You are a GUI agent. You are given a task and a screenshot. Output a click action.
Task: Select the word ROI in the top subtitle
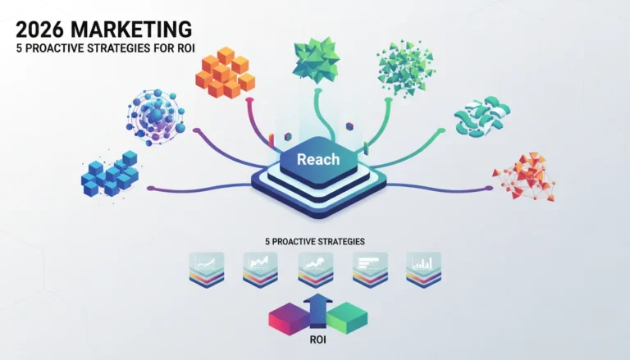click(185, 48)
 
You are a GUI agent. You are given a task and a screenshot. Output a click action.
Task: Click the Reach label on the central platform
click(318, 160)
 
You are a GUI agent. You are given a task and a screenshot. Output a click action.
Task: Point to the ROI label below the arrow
click(317, 340)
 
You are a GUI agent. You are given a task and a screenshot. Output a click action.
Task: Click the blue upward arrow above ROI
click(317, 310)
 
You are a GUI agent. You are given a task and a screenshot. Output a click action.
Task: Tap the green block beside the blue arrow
click(347, 318)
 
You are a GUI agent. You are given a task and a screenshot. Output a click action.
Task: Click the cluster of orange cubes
click(225, 73)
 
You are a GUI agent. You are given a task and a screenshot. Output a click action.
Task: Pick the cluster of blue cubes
click(110, 175)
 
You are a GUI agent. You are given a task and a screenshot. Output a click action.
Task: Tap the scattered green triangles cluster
click(405, 67)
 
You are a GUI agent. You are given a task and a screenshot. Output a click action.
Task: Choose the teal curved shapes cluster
click(482, 116)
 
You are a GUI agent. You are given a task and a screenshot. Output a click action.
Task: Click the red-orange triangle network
click(524, 176)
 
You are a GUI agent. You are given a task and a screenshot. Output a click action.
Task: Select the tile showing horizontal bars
click(370, 270)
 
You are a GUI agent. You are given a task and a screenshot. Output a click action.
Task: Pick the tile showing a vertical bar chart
click(423, 270)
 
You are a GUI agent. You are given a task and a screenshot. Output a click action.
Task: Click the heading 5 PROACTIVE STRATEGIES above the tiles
click(315, 241)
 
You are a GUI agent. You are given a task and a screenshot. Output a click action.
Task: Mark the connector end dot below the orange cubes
click(249, 99)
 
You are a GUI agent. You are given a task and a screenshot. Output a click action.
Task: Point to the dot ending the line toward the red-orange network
click(489, 188)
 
